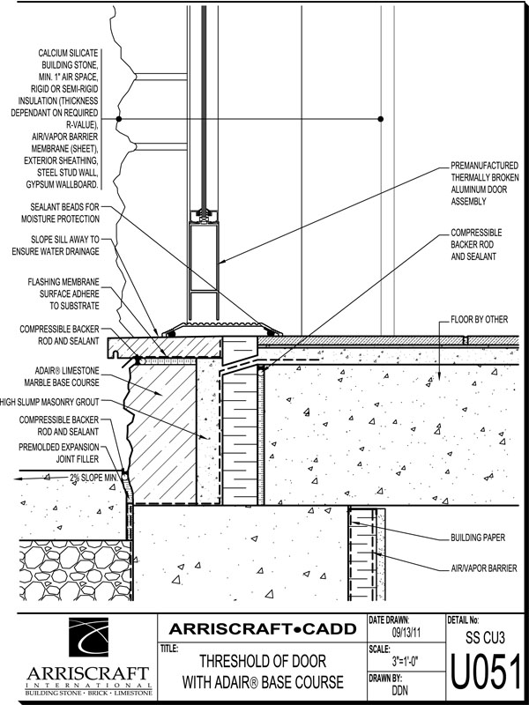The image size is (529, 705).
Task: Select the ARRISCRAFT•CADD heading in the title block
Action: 264,628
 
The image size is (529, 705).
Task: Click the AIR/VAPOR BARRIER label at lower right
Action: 482,568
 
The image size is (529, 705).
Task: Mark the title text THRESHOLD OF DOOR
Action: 262,662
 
